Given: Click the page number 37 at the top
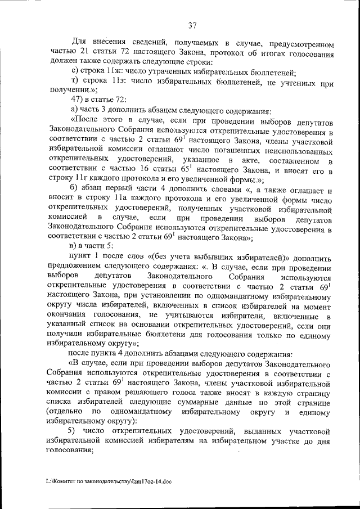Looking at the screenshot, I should pos(192,25).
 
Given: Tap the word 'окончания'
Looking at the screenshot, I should pos(70,312).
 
